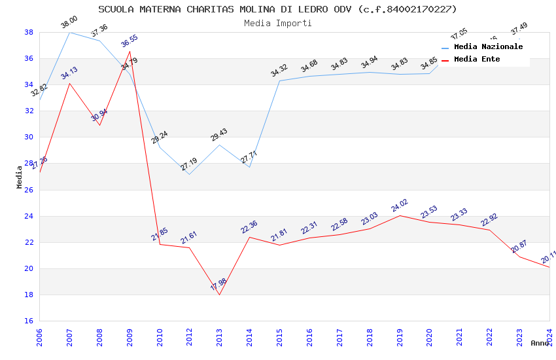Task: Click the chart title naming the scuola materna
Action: pyautogui.click(x=277, y=9)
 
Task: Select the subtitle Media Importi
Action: pyautogui.click(x=277, y=23)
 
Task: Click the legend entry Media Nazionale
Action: pyautogui.click(x=488, y=47)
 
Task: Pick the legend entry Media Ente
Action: pyautogui.click(x=477, y=60)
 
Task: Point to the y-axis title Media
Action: pyautogui.click(x=20, y=177)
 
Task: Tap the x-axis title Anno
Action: pyautogui.click(x=540, y=343)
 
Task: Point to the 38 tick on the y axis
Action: pyautogui.click(x=29, y=32)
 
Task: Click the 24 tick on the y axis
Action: pyautogui.click(x=29, y=216)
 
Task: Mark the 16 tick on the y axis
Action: pyautogui.click(x=29, y=321)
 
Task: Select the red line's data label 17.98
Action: pyautogui.click(x=218, y=285)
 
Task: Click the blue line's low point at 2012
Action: pyautogui.click(x=189, y=174)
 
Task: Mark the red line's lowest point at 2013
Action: pyautogui.click(x=219, y=295)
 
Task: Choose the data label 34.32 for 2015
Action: pyautogui.click(x=279, y=71)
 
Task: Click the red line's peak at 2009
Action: pyautogui.click(x=130, y=51)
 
